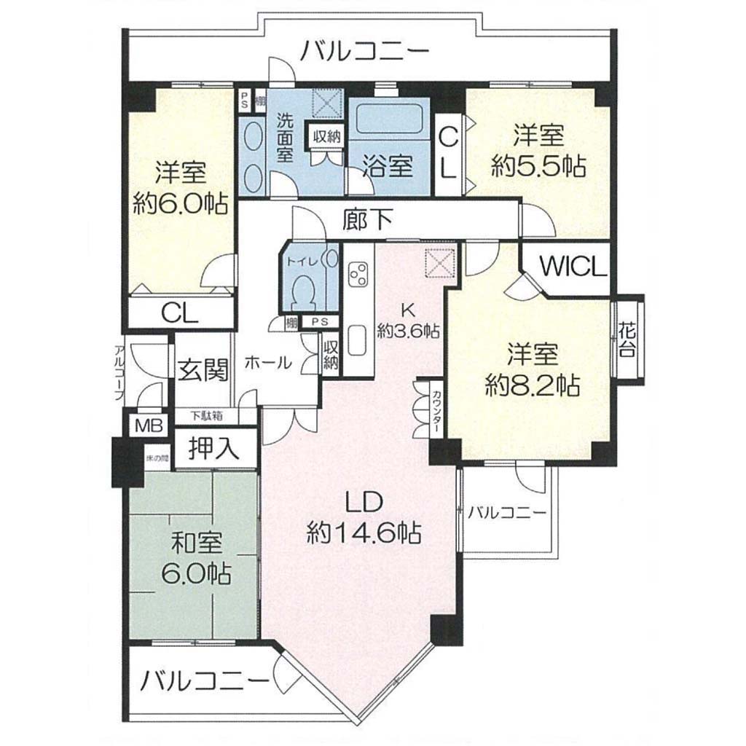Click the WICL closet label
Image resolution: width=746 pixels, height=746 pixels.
[x=574, y=267]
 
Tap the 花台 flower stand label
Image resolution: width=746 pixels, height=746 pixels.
[x=627, y=339]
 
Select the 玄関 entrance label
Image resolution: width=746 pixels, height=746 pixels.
[x=203, y=369]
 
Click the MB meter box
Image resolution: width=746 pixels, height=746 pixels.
[x=149, y=425]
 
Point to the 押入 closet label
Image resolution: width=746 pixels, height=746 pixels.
[x=213, y=448]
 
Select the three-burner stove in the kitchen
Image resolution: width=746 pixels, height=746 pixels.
[x=358, y=275]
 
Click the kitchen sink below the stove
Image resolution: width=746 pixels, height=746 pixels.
[x=358, y=339]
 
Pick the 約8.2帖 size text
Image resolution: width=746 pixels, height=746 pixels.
[x=533, y=385]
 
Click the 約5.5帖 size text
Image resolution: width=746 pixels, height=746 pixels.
[x=538, y=166]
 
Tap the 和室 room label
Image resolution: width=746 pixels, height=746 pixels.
[x=197, y=543]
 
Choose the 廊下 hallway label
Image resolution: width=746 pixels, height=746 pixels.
[x=368, y=219]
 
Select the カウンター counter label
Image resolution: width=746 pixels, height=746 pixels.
[x=436, y=411]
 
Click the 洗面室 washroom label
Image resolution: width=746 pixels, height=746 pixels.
[x=285, y=138]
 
